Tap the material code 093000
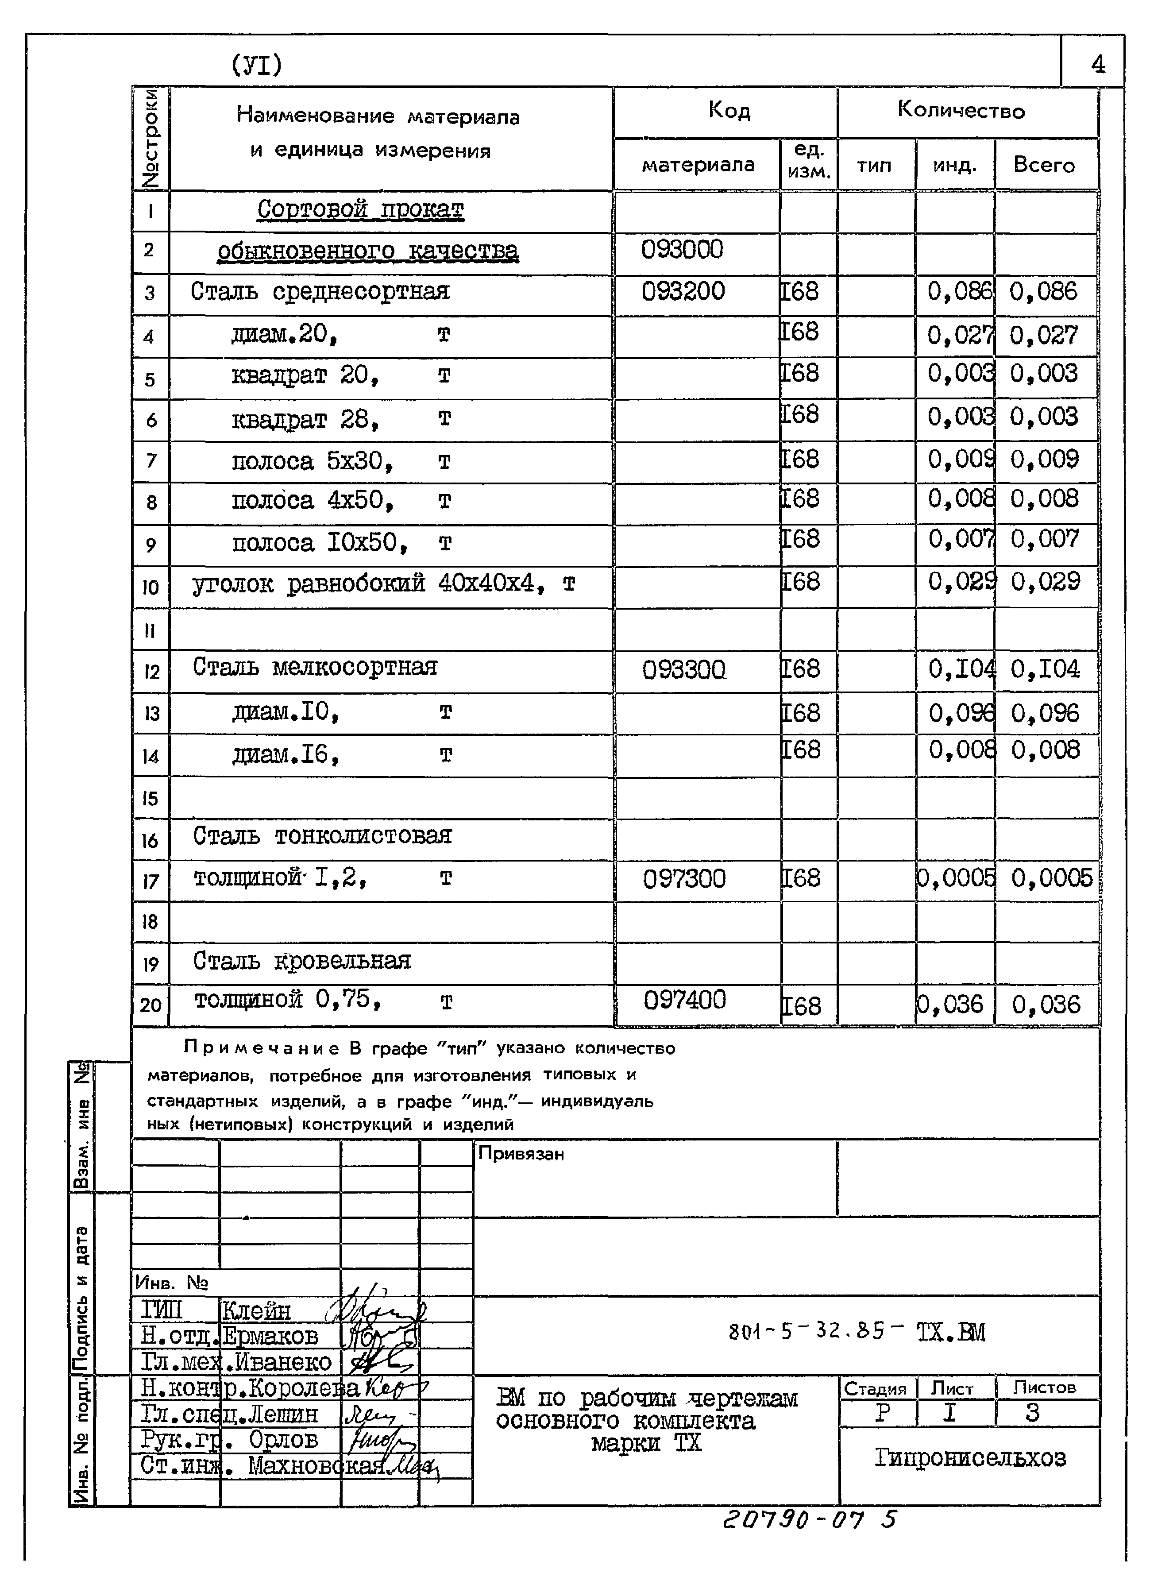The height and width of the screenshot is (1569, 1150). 682,249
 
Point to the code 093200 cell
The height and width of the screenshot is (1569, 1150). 683,291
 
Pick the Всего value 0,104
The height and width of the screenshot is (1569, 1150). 1044,669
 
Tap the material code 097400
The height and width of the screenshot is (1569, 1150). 684,1000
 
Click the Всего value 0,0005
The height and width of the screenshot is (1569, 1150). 1051,878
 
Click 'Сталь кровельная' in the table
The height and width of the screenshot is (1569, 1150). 301,961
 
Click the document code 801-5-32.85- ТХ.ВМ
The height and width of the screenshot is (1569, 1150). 856,1332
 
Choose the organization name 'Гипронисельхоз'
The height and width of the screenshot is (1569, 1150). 970,1457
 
